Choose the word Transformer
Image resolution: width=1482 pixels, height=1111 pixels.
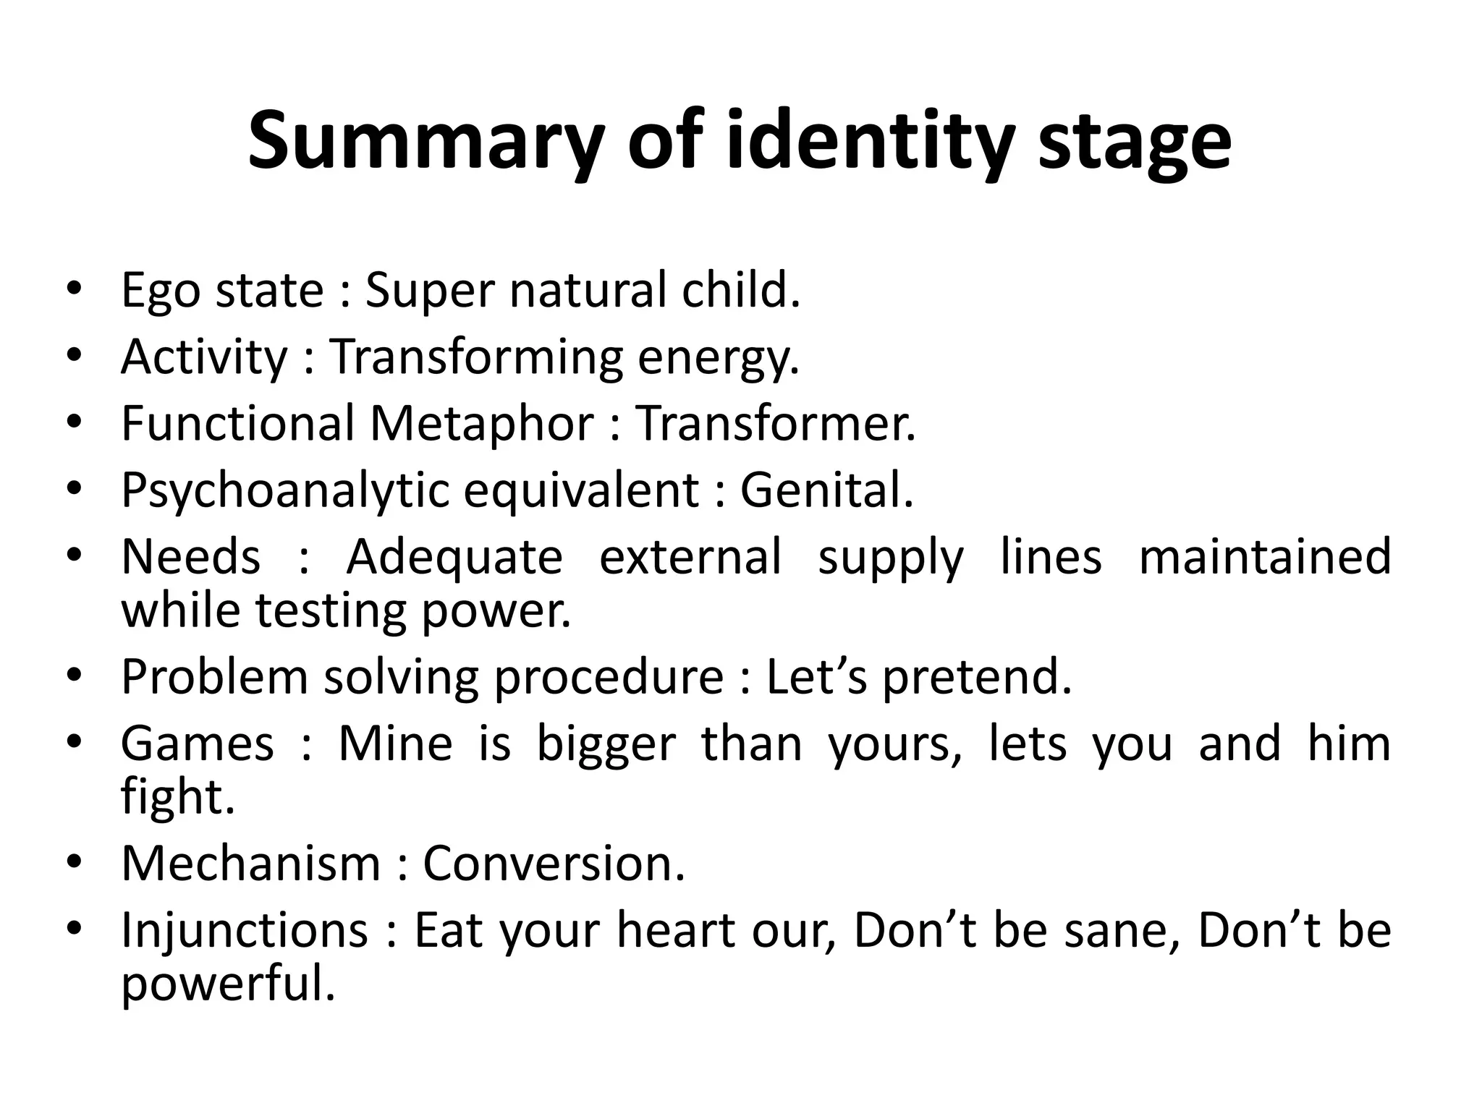click(x=775, y=424)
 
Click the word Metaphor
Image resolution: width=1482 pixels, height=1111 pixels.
click(x=481, y=424)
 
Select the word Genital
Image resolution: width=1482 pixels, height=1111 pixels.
click(x=826, y=490)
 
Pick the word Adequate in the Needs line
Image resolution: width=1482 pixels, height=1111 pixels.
click(x=454, y=558)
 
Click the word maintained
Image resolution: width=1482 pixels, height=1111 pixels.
click(x=1264, y=558)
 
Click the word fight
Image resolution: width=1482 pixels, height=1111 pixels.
click(x=178, y=798)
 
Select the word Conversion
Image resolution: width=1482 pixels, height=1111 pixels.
click(x=554, y=864)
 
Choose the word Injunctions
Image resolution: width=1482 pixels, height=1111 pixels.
click(x=245, y=931)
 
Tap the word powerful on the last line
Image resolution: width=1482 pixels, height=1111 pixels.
click(x=228, y=984)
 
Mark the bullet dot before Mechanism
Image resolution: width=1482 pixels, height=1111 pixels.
click(x=75, y=864)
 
